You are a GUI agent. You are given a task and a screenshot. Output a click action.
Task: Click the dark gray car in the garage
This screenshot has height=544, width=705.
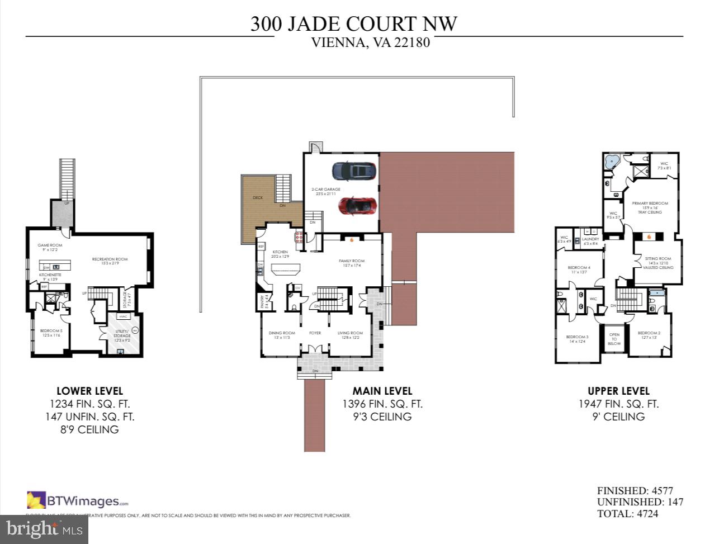353,170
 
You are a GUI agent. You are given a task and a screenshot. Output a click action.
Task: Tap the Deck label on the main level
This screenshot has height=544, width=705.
257,198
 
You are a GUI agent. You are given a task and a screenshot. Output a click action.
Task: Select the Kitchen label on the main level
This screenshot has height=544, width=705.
280,253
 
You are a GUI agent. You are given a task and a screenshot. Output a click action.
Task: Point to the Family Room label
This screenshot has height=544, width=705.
351,261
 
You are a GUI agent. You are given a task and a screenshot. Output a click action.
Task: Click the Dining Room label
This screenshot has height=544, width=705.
282,333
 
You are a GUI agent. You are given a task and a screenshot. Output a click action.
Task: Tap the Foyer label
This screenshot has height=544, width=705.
315,333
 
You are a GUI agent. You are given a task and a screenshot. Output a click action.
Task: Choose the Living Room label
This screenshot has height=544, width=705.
350,333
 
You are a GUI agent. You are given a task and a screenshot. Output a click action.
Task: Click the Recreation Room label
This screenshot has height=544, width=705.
110,259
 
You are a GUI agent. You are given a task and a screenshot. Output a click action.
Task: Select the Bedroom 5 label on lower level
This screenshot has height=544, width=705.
51,331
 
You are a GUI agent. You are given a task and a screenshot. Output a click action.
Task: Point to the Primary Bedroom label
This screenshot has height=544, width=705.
650,204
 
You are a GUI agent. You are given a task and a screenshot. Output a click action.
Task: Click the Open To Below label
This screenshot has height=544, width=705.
614,339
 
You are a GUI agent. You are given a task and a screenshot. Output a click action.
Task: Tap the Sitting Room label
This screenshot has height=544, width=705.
657,259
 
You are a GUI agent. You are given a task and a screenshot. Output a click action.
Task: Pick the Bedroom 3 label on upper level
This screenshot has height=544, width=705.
577,337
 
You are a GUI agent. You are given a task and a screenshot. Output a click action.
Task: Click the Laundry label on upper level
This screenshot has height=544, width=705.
590,239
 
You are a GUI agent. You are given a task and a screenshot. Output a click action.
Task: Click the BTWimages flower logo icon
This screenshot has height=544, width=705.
36,500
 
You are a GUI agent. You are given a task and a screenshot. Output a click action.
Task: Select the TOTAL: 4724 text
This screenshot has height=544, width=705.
627,513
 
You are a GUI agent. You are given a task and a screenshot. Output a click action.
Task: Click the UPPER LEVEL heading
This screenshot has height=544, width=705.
618,391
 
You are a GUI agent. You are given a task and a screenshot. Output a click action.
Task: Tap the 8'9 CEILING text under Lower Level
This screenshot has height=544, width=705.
90,429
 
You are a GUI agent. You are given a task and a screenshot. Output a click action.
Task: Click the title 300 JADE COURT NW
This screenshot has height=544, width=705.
353,24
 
